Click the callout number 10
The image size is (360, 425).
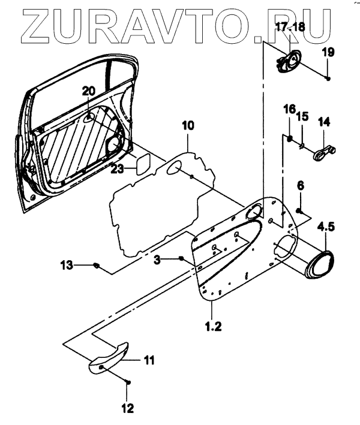[188, 126]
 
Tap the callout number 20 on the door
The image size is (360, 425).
[89, 91]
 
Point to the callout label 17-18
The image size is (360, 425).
[290, 26]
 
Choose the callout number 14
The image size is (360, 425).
[324, 122]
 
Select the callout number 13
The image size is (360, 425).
[67, 264]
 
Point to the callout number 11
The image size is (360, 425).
[148, 360]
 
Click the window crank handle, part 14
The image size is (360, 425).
[325, 151]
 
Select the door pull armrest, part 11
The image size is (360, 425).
[112, 357]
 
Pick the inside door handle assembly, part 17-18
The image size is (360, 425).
[288, 61]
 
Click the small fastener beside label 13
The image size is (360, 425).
[96, 264]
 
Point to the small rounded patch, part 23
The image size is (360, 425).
[142, 163]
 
